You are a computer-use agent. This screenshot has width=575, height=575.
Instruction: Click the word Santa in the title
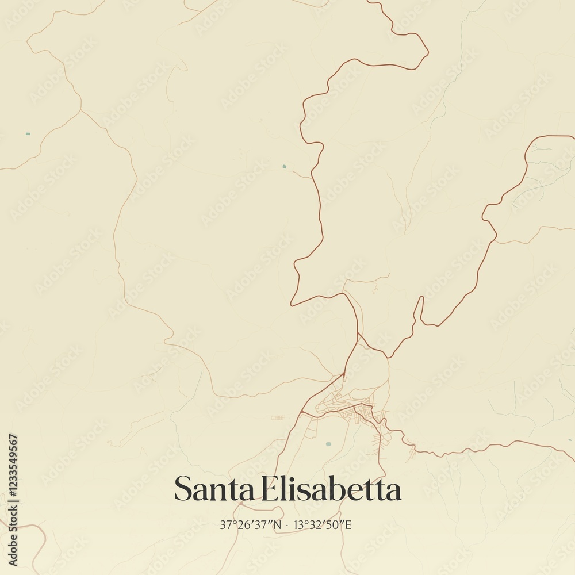[x=214, y=489]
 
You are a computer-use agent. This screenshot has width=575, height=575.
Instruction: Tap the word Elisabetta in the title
[x=331, y=489]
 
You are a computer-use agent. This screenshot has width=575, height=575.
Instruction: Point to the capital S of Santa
[x=183, y=489]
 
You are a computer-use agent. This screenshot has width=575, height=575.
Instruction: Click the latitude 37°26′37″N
[x=251, y=524]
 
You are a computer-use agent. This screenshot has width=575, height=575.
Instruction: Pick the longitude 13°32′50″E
[x=322, y=524]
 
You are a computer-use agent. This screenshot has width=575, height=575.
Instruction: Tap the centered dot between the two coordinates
[x=287, y=524]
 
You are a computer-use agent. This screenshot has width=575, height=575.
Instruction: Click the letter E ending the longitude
[x=348, y=524]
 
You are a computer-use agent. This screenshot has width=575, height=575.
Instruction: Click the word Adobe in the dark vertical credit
[x=13, y=551]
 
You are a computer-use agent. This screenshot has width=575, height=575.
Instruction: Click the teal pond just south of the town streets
[x=328, y=444]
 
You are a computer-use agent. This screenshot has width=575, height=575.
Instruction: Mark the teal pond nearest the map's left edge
[x=28, y=134]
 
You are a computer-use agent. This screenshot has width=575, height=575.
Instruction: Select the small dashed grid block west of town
[x=278, y=417]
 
